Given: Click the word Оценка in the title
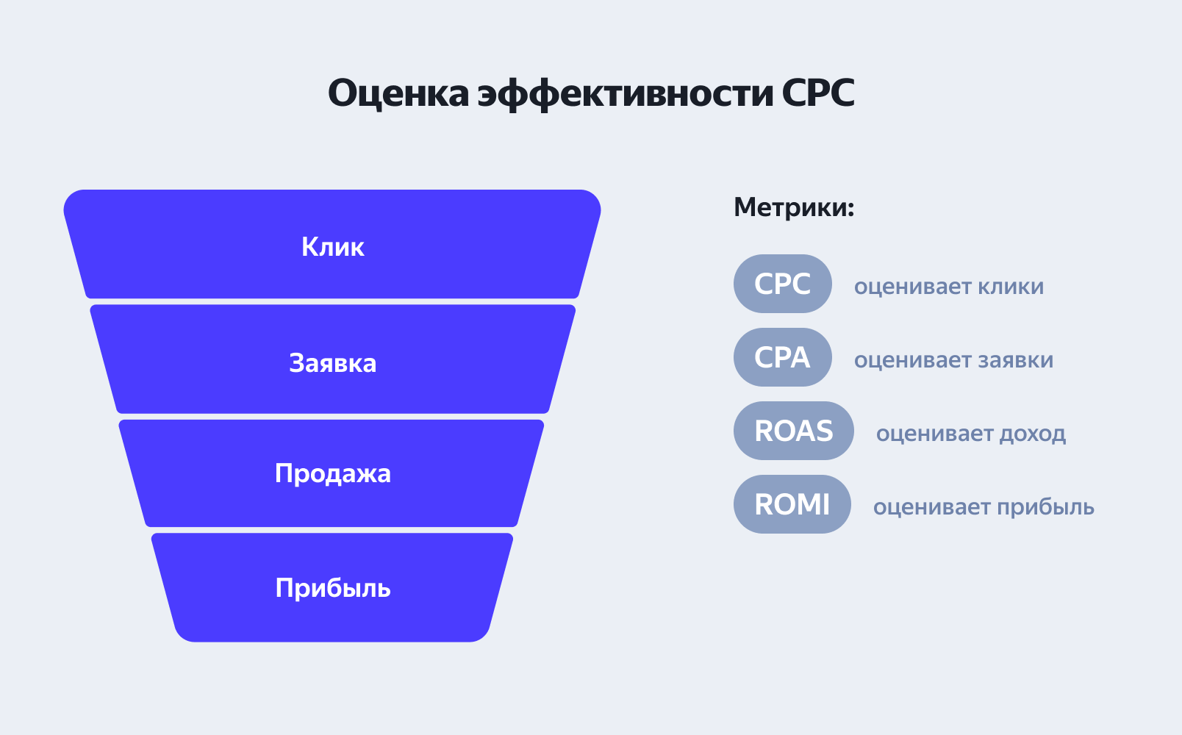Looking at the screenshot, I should tap(398, 93).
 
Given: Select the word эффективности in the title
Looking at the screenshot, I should tap(626, 93).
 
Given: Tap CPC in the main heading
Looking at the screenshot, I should tap(817, 93).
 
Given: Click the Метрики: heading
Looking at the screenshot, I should tap(794, 207).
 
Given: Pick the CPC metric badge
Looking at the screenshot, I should tap(782, 284).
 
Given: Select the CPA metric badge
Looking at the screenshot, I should tap(782, 357).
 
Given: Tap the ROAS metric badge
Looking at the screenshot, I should tap(793, 431).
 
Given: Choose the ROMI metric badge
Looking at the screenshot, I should tap(792, 504).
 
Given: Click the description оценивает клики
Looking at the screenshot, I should tap(948, 287).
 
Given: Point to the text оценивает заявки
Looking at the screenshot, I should tap(953, 360).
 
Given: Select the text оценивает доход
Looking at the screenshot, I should tap(970, 434).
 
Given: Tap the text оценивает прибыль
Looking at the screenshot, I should tap(984, 507).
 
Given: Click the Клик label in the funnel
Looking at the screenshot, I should tap(332, 247).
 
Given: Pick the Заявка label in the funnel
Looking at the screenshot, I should tap(332, 363).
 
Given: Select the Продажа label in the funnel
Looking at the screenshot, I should tap(332, 473).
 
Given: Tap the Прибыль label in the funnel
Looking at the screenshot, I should tap(332, 588).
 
